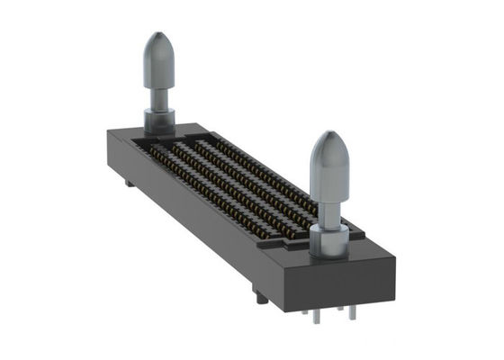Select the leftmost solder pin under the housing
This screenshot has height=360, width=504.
pos(308,312)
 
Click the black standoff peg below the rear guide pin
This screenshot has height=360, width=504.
pos(131,184)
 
